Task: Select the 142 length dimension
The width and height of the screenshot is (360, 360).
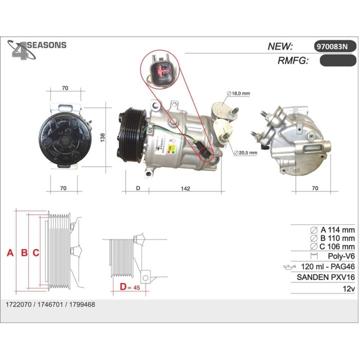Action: tap(186, 188)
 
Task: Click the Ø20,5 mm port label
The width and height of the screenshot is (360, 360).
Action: tap(245, 152)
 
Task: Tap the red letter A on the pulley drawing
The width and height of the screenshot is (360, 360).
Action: tap(9, 253)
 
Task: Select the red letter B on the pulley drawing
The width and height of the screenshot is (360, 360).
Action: tap(23, 253)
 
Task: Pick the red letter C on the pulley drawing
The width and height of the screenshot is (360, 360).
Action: tap(36, 253)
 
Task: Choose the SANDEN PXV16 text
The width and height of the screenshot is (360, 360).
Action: tap(325, 277)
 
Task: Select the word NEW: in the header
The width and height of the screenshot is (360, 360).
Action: tap(280, 46)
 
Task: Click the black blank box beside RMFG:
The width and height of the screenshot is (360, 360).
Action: tap(337, 61)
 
